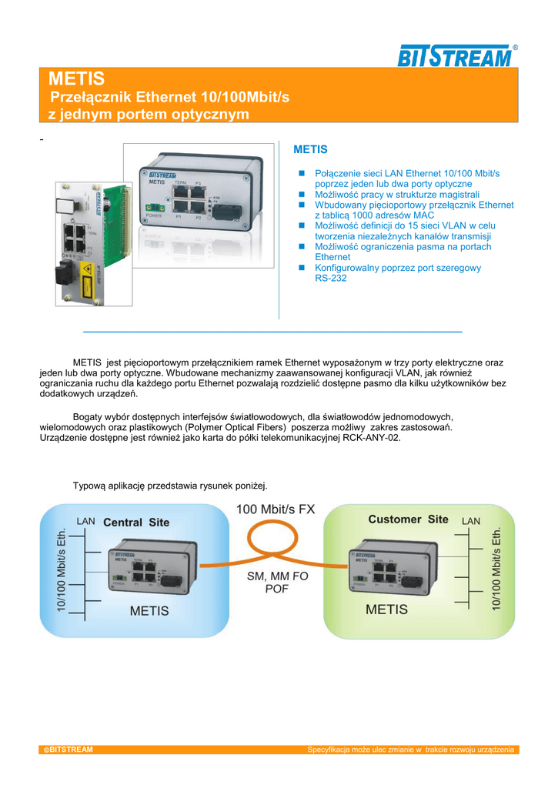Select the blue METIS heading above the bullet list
click(x=310, y=149)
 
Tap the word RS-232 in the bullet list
click(x=331, y=278)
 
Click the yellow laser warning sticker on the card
click(x=86, y=270)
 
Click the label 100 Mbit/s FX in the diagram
click(x=276, y=509)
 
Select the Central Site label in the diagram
click(x=136, y=522)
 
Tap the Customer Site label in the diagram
click(x=408, y=519)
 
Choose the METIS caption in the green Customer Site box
click(x=386, y=609)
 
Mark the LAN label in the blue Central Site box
click(x=86, y=521)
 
